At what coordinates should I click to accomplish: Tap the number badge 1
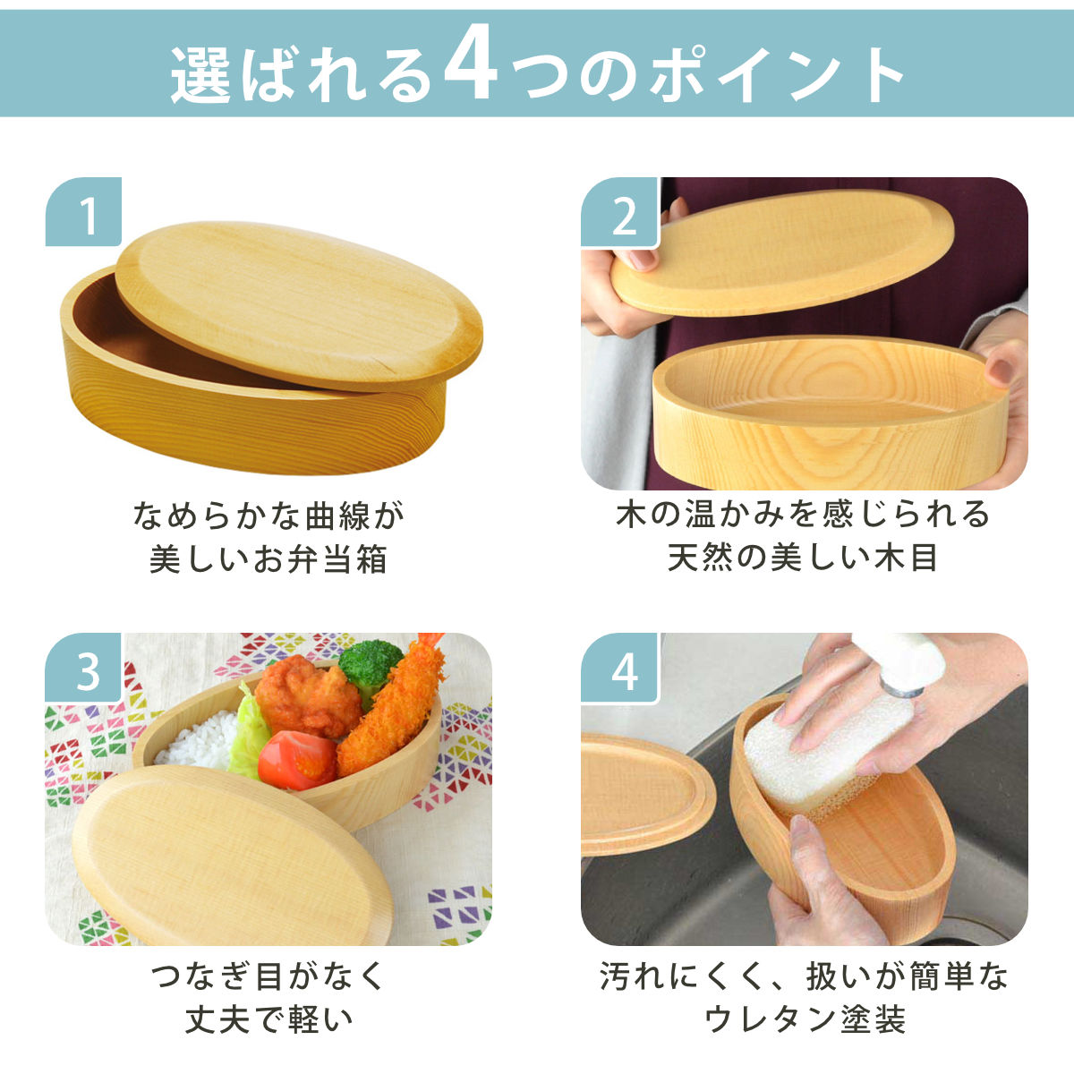[87, 215]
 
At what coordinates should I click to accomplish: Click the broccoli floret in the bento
[370, 667]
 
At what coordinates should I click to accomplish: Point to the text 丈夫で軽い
[268, 1019]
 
